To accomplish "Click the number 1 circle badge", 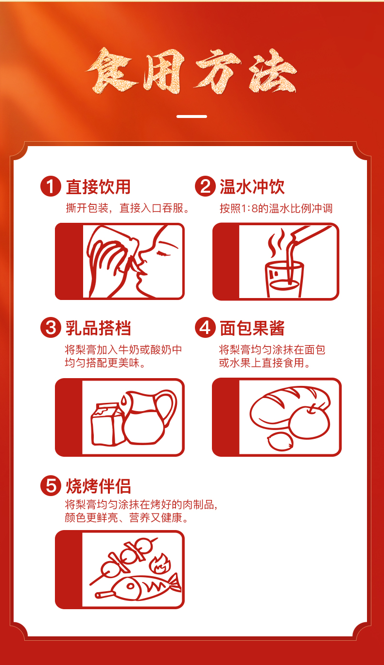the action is click(x=51, y=186).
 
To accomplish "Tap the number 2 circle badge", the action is click(x=205, y=186).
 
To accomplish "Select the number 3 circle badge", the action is click(x=51, y=328).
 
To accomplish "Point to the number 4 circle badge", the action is click(x=205, y=328).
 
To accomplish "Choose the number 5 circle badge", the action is click(x=51, y=485).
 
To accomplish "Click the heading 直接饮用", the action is click(x=98, y=187).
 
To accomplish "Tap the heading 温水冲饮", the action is click(x=252, y=187).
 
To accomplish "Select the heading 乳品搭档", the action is click(x=98, y=328).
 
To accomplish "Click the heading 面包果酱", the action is click(x=252, y=328).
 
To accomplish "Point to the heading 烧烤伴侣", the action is click(x=98, y=486).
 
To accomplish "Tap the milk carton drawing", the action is click(x=107, y=424).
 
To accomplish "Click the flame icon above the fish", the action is click(x=160, y=564).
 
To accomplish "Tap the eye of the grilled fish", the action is click(x=130, y=586).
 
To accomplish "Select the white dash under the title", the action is click(x=192, y=116).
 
